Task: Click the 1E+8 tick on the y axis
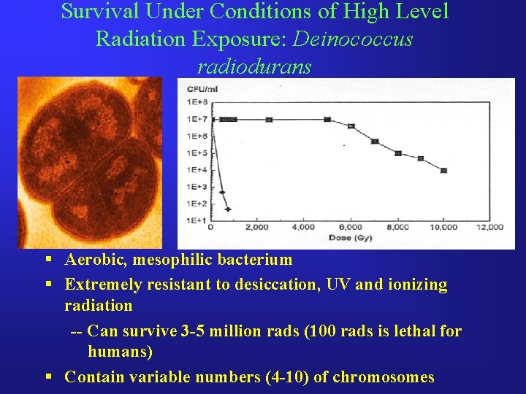tap(194, 101)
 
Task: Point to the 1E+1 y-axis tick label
tap(194, 220)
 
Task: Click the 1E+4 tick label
tap(194, 169)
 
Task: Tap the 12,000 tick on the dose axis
tap(489, 228)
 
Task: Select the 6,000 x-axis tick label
tap(349, 228)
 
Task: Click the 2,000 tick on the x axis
tap(256, 228)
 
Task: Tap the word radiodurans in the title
tap(254, 66)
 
